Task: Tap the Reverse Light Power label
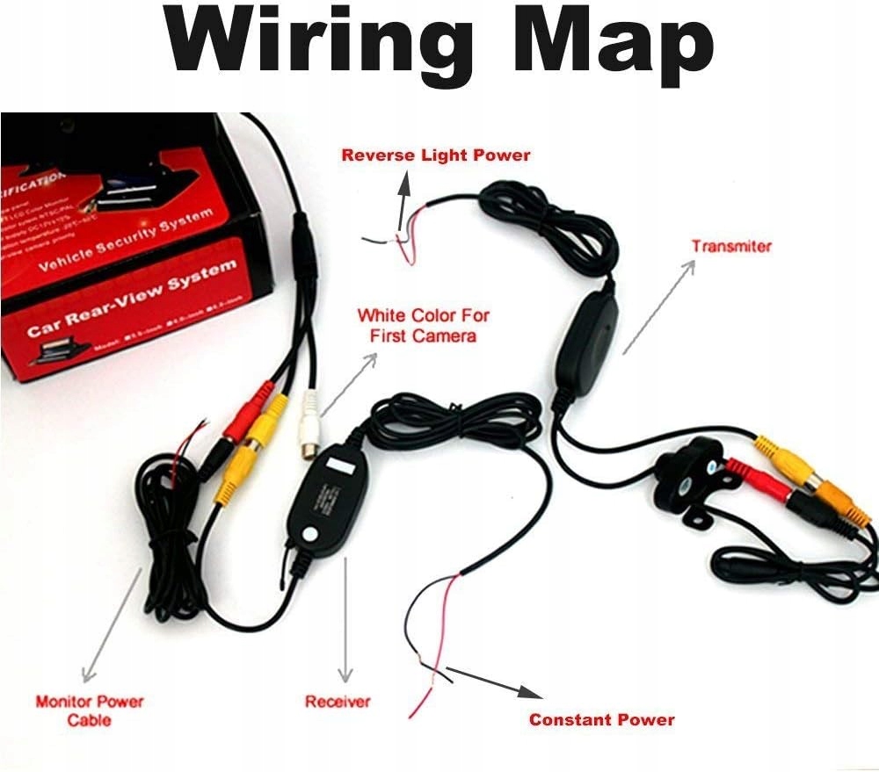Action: point(436,155)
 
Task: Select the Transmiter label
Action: point(730,246)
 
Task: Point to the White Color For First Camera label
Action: point(424,325)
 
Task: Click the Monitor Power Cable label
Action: point(89,711)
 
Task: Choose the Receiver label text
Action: point(338,702)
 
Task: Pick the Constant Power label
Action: point(601,720)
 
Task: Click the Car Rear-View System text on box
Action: point(132,299)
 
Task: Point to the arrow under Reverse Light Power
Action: point(403,207)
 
